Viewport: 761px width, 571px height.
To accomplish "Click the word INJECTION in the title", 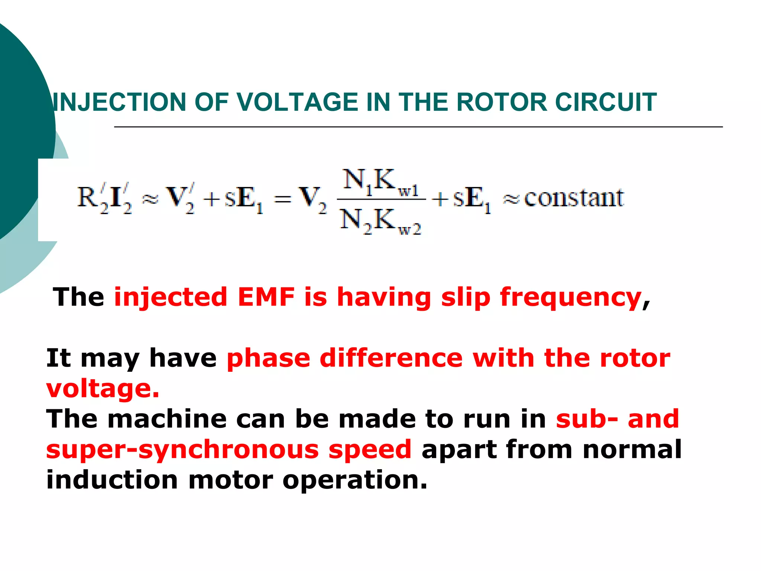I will click(x=119, y=102).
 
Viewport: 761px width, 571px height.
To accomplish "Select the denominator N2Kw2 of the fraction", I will click(x=381, y=222).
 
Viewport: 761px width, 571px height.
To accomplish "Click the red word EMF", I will click(x=266, y=297).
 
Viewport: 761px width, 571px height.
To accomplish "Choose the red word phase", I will click(x=268, y=359).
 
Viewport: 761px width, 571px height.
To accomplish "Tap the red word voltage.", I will click(x=103, y=389).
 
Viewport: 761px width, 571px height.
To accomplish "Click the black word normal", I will click(x=632, y=450).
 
